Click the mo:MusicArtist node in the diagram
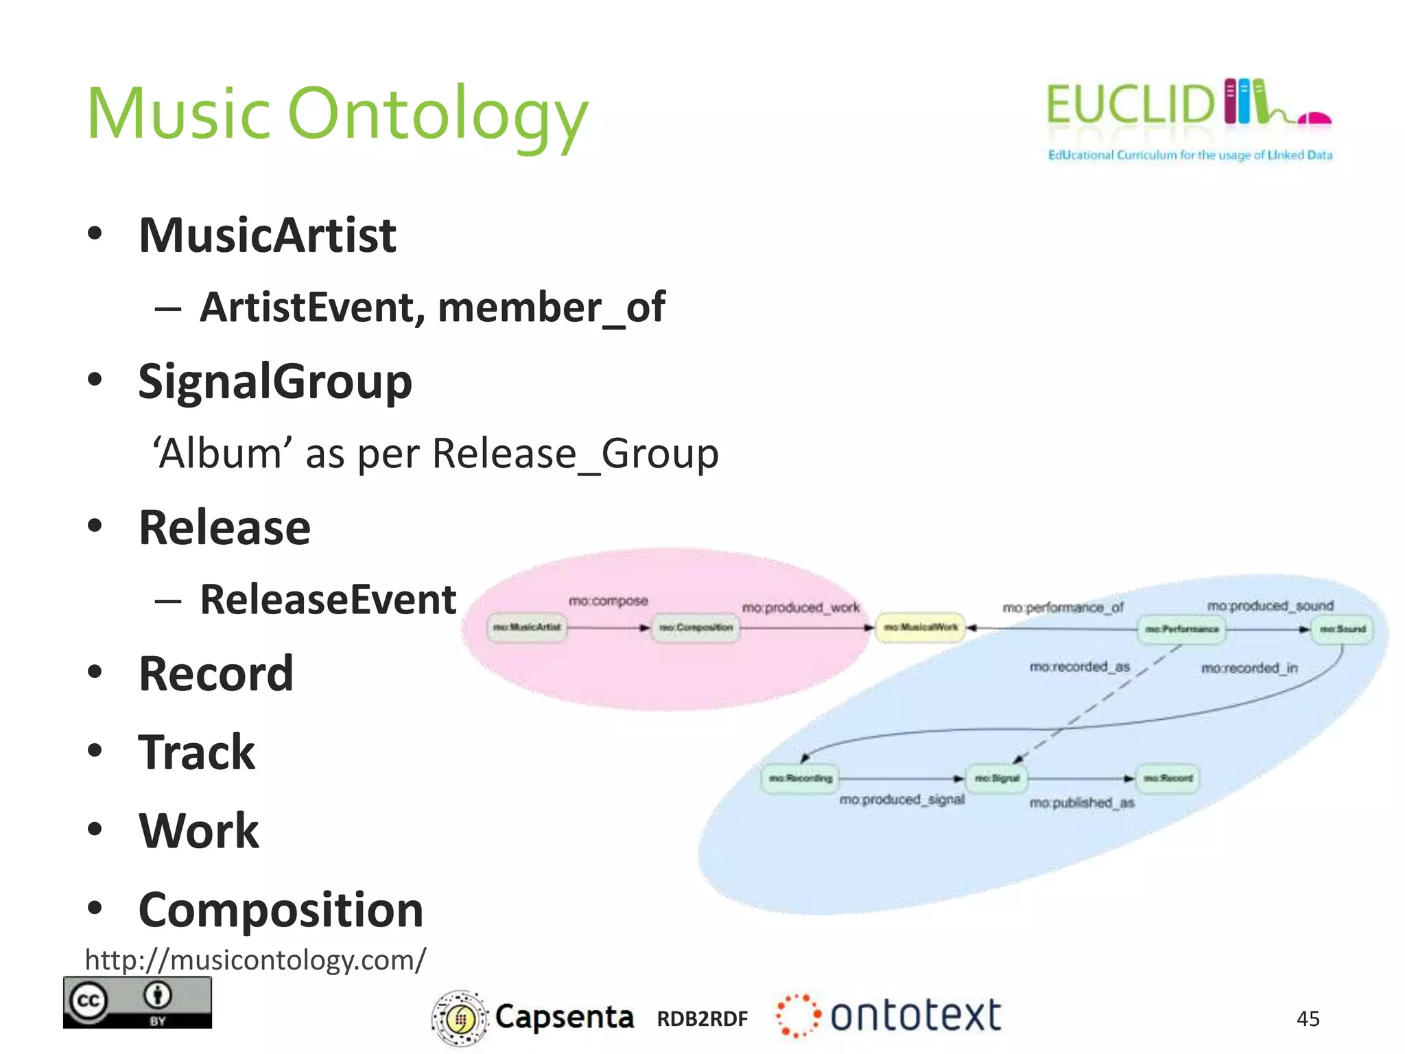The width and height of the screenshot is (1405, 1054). (x=527, y=627)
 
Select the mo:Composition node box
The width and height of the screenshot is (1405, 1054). (x=696, y=627)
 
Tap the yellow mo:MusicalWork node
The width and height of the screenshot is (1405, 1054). (x=920, y=627)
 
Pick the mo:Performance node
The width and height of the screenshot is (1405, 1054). (x=1181, y=629)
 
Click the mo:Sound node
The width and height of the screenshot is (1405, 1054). (x=1343, y=629)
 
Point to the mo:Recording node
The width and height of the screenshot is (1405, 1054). (x=800, y=778)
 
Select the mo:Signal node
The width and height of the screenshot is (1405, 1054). (x=997, y=778)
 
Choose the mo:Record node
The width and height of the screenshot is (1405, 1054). (x=1168, y=778)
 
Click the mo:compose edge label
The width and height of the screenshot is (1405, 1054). (x=609, y=601)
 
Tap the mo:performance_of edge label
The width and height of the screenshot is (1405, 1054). (x=1063, y=607)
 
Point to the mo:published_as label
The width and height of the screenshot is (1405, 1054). (x=1082, y=802)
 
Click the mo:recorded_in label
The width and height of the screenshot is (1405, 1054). (x=1249, y=668)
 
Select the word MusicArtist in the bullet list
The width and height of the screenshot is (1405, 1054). (x=268, y=235)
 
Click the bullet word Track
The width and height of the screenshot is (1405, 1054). (x=197, y=753)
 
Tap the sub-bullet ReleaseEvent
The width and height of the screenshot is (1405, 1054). (x=328, y=600)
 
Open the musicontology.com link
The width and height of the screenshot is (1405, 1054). (x=255, y=959)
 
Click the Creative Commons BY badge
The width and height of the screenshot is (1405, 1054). (x=137, y=1002)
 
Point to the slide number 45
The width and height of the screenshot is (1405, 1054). (x=1308, y=1018)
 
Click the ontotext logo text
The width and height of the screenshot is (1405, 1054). (x=915, y=1016)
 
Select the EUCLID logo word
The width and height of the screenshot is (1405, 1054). (x=1130, y=105)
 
